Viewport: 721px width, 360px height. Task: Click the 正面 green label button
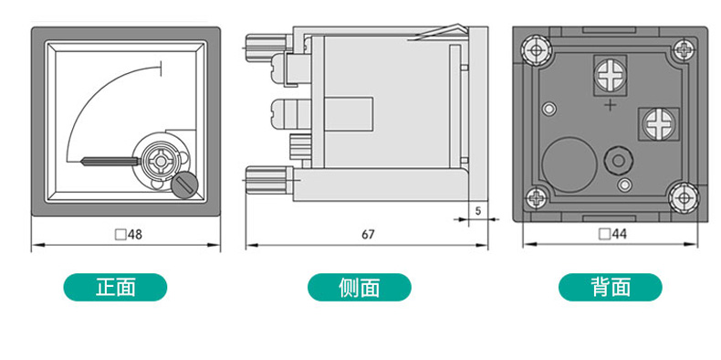pos(115,287)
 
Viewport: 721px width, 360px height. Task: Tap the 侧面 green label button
pos(359,287)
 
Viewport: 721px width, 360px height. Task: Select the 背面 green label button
pos(611,287)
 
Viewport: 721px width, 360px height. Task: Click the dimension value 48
pos(135,235)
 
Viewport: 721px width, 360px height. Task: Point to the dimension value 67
pos(368,235)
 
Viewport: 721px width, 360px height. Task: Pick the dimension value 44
pos(620,234)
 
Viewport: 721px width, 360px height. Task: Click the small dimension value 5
pos(477,211)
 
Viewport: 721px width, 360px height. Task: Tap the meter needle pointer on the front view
pos(110,161)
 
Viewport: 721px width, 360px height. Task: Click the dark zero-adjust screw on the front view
pos(185,185)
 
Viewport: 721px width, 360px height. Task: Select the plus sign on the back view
pos(611,105)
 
